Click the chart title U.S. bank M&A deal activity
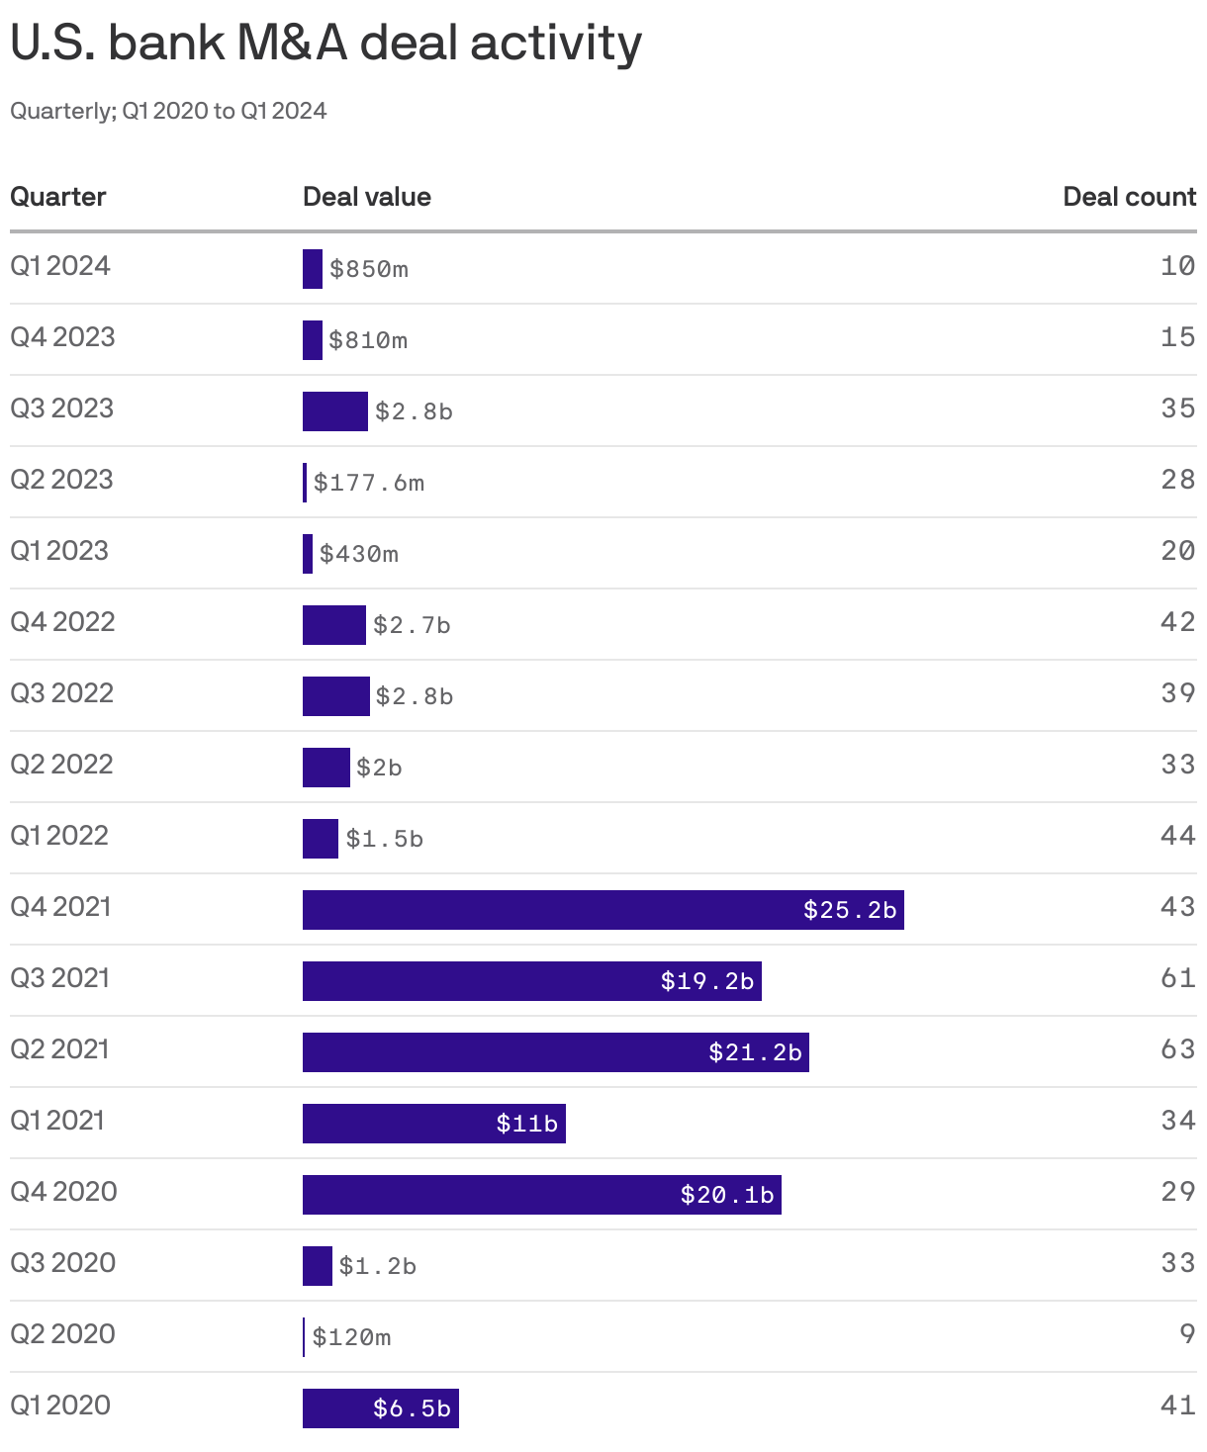tap(325, 44)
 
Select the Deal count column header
tap(1129, 197)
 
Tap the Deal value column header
tap(366, 197)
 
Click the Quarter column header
tap(57, 197)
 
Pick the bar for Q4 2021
tap(554, 910)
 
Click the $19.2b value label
tap(707, 981)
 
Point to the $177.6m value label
tap(369, 483)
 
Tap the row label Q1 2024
tap(60, 266)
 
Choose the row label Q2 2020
tap(62, 1334)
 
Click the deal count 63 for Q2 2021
tap(1177, 1049)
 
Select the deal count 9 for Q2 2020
tap(1187, 1334)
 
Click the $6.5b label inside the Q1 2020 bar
tap(412, 1408)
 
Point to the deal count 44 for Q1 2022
tap(1177, 836)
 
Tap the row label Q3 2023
tap(61, 408)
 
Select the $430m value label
tap(359, 554)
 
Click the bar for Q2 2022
tap(325, 768)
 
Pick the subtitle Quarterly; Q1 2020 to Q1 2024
tap(168, 111)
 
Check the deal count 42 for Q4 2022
tap(1177, 622)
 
